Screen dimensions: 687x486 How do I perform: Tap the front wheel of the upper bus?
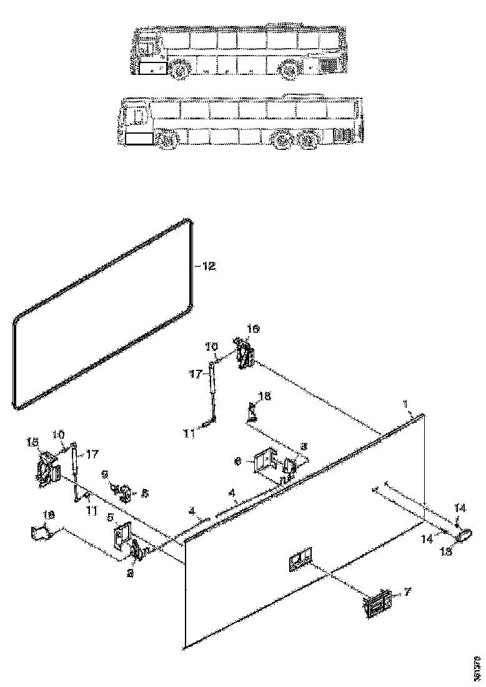[181, 71]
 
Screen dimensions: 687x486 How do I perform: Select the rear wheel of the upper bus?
[289, 71]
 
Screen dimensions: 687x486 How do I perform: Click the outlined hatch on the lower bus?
[138, 138]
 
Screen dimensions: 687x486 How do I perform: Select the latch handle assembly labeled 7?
[378, 603]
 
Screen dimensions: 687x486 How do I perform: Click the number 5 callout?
[111, 518]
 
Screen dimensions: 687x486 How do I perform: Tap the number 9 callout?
[105, 474]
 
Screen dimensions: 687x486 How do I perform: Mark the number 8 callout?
[145, 493]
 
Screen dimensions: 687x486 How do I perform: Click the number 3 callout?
[304, 447]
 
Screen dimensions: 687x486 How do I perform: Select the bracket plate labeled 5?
[122, 535]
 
